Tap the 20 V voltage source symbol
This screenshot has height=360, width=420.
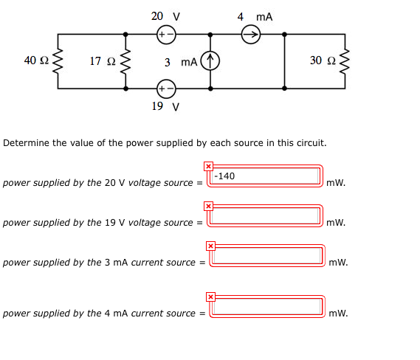click(166, 34)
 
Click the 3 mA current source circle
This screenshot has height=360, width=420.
click(211, 61)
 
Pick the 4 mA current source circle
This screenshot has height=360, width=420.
click(250, 34)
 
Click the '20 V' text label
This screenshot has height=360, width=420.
click(165, 15)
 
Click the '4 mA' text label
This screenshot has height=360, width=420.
click(255, 15)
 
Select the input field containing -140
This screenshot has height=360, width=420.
click(266, 176)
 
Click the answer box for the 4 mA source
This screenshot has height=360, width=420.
click(268, 306)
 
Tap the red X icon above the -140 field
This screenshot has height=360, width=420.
click(208, 166)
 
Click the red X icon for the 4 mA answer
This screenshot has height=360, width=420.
click(210, 297)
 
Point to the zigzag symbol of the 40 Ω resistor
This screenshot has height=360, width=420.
click(58, 61)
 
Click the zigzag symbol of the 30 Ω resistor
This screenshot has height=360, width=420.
click(343, 61)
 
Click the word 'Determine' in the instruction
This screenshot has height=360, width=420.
click(27, 142)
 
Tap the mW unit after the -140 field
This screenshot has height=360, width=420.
click(336, 183)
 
